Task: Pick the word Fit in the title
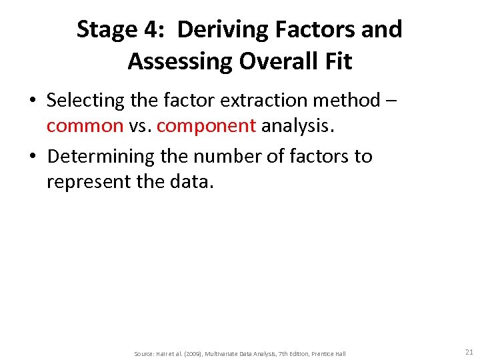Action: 336,61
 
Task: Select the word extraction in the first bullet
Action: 260,101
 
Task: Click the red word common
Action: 85,125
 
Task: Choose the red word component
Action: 206,126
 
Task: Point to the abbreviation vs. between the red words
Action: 140,125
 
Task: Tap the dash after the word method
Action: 391,101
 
